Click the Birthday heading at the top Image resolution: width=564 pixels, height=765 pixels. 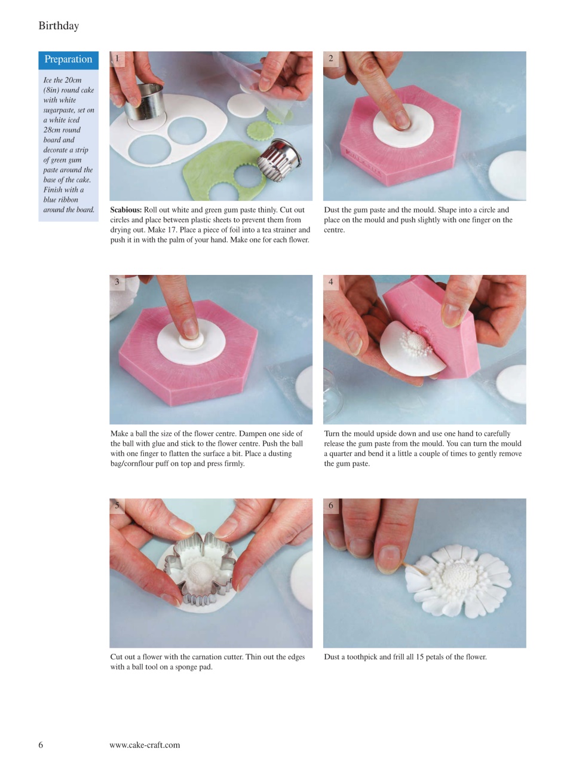pos(59,26)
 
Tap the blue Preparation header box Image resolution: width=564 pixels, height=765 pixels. pos(68,60)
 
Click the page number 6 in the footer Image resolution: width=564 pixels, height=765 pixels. pos(41,745)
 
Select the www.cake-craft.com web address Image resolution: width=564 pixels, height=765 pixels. pos(145,745)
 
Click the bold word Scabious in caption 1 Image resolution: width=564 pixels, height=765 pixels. pos(125,210)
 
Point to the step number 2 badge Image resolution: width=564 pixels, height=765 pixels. pos(331,59)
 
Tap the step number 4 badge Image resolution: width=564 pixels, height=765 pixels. pos(331,282)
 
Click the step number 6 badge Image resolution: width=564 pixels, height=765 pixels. pos(331,506)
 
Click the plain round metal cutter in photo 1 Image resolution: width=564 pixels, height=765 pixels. pos(144,102)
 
